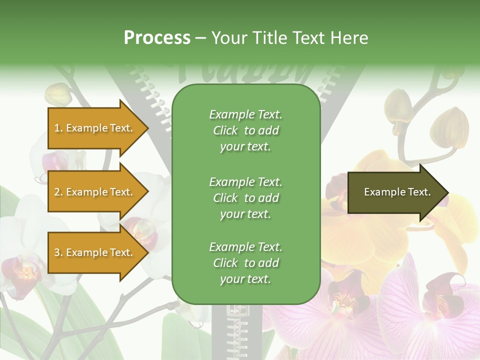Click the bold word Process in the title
pos(157,38)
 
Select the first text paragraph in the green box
pos(245,130)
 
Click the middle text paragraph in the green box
pos(245,198)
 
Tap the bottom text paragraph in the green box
pos(245,263)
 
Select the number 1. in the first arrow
pos(58,128)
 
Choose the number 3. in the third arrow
pos(58,252)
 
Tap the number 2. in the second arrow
pos(58,192)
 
